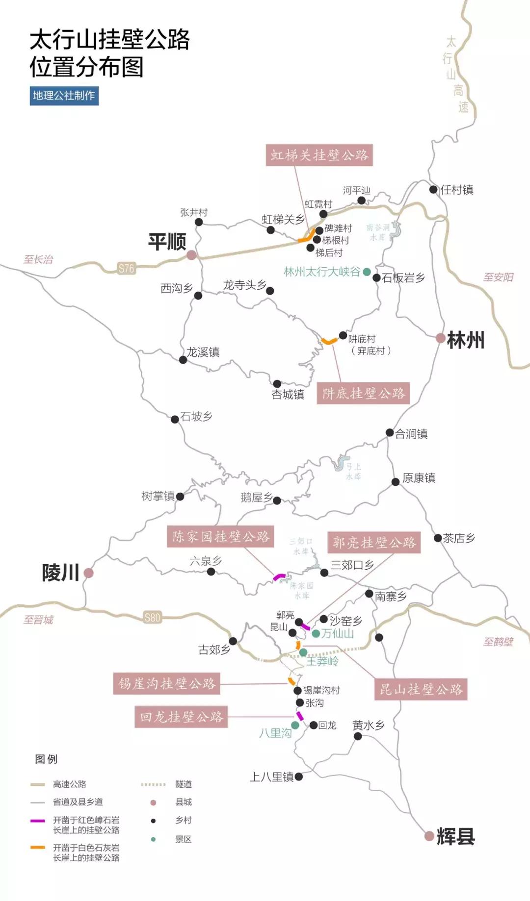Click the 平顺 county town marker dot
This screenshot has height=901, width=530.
(191, 255)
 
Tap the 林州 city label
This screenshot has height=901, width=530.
(465, 340)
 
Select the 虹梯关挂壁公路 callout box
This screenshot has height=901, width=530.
(319, 155)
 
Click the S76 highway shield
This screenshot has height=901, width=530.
(126, 268)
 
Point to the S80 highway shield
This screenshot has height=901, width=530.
(153, 617)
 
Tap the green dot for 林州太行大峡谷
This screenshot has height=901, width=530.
(367, 272)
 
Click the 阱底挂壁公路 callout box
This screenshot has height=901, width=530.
(363, 393)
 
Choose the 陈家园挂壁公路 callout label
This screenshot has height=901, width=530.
(220, 536)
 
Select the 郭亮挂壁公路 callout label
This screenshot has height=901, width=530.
(374, 542)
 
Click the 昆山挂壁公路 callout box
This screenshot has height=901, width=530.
(421, 689)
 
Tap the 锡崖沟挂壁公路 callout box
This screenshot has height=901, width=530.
(167, 683)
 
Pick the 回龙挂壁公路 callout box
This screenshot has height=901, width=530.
(181, 717)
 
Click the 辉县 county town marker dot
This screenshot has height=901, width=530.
(429, 836)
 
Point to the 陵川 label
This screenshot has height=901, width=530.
(60, 573)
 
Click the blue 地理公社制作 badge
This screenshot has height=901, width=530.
(64, 96)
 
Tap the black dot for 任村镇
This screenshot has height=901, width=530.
(433, 190)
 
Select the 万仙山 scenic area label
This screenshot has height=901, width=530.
(337, 633)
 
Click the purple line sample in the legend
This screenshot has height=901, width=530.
(38, 821)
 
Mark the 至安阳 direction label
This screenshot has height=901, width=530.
(498, 277)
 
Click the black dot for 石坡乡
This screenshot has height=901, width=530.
(175, 419)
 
